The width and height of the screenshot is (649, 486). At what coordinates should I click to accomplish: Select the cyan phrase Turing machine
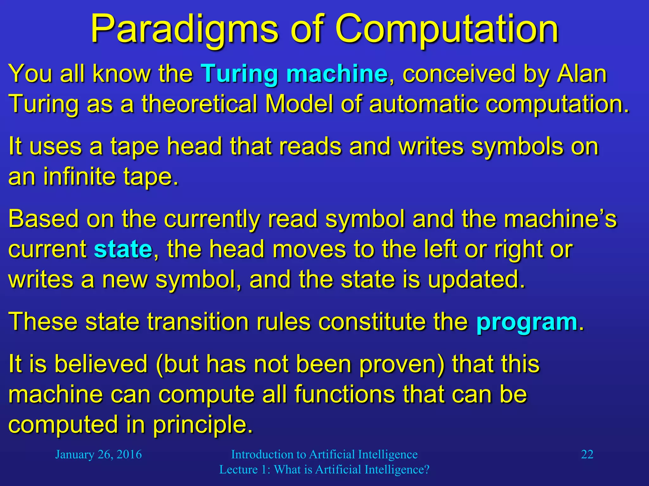294,74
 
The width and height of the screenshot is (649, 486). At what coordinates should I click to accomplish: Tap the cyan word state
123,249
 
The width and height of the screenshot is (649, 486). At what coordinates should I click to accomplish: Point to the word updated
476,280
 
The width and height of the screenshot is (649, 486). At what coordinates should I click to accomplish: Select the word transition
198,322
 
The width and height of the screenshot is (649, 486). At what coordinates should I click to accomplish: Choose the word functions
345,395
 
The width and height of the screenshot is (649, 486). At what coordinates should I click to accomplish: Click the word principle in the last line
203,425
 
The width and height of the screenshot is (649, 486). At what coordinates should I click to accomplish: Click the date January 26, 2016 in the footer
99,454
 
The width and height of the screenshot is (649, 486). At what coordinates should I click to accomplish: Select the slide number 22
587,454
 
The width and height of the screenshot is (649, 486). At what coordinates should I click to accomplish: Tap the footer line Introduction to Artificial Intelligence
324,454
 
